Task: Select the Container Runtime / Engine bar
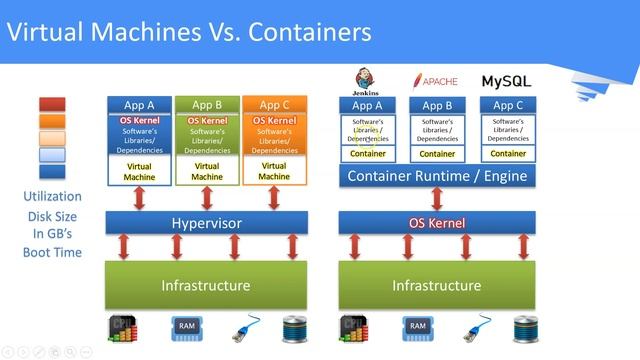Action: pos(436,177)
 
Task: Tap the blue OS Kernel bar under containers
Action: pos(437,223)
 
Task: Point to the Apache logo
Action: pos(436,80)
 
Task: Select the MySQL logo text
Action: pos(507,80)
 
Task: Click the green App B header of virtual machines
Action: pos(207,105)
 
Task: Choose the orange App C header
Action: pos(274,105)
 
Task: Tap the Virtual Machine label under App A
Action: pos(139,170)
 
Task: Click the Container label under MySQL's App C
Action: pos(508,154)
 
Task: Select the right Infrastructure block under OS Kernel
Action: pos(437,285)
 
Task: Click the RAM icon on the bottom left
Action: pos(186,327)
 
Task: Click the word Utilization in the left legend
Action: pos(53,197)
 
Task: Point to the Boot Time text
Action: pos(53,253)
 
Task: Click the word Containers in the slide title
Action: pos(311,32)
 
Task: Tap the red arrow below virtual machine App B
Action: pos(207,198)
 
